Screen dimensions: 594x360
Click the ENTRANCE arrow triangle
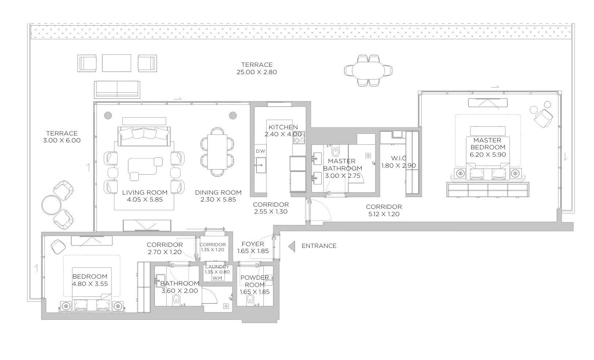coord(292,246)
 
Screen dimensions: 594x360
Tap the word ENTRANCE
coord(319,246)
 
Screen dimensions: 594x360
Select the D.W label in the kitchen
coord(260,151)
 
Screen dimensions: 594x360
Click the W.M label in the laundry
coord(217,278)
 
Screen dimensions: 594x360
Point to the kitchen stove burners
coord(299,138)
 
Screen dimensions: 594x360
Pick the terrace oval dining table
coord(368,70)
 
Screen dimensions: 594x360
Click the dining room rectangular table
coord(217,152)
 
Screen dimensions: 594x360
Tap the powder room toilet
coord(250,300)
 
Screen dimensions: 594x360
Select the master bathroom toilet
coord(335,151)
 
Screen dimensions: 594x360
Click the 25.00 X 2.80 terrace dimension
coord(257,72)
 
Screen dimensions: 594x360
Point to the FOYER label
coord(253,244)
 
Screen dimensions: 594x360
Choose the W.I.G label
coord(399,158)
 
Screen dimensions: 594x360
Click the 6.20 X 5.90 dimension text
coord(488,154)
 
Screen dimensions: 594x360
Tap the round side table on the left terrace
coord(52,205)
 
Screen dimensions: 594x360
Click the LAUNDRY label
coord(217,267)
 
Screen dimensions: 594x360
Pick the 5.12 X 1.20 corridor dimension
coord(384,214)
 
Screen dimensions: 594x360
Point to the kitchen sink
coord(260,165)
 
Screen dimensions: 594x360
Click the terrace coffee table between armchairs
coord(117,63)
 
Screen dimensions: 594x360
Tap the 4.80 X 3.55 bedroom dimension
coord(90,284)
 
